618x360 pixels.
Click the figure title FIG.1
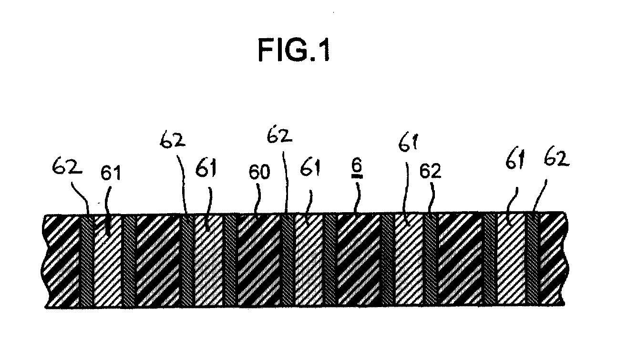coord(294,50)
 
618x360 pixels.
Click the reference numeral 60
coord(259,173)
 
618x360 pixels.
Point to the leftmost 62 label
coord(67,165)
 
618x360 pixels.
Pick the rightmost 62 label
coord(556,158)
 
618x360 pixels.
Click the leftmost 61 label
coord(111,173)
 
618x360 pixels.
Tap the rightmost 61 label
coord(515,159)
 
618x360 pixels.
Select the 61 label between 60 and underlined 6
coord(310,167)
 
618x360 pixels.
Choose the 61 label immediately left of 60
coord(206,168)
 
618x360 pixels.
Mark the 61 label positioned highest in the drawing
coord(408,143)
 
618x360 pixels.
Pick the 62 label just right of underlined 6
coord(431,171)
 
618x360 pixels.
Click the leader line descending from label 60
coord(258,199)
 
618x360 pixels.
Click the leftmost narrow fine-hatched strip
coord(88,261)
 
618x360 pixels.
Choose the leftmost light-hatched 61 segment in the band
coord(108,261)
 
